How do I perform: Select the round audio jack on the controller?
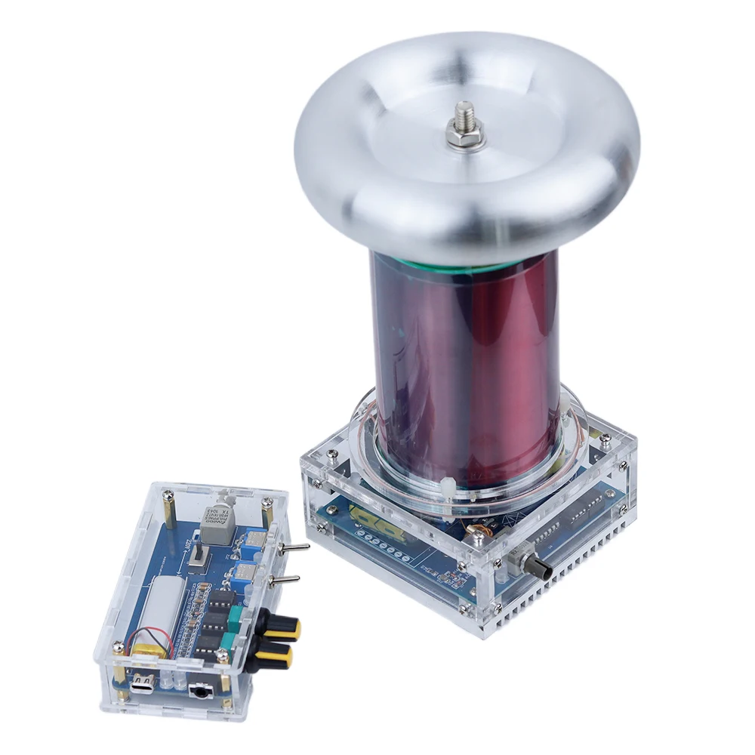(x=200, y=691)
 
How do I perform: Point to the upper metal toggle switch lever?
(x=295, y=547)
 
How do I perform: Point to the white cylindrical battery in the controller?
(x=168, y=612)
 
